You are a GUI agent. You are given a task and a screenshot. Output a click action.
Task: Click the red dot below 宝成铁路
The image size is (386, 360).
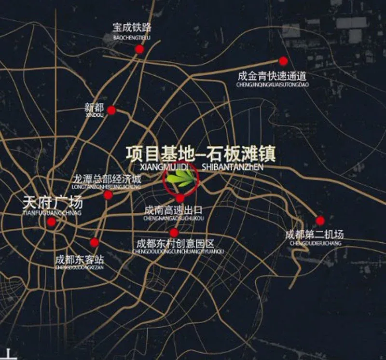click(x=139, y=49)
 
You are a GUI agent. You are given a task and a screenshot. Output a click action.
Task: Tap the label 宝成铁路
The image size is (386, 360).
click(x=132, y=27)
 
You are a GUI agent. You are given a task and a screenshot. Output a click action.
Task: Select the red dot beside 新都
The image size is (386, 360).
click(x=111, y=110)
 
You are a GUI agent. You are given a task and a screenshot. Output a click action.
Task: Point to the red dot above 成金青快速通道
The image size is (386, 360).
click(x=283, y=61)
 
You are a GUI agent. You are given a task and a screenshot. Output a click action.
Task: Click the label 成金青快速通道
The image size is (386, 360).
click(x=272, y=76)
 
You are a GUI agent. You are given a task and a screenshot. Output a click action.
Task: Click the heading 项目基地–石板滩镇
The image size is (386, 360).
click(x=200, y=153)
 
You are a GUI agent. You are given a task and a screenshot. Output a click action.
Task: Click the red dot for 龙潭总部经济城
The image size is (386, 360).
click(x=108, y=194)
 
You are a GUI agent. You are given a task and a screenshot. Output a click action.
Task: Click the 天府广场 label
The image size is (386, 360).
click(x=53, y=202)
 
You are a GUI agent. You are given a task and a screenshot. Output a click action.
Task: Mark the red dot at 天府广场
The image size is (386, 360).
click(x=51, y=222)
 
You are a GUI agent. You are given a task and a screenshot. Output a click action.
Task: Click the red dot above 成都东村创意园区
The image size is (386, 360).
click(x=174, y=233)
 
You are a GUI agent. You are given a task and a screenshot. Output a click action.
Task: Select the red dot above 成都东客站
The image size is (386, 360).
click(x=95, y=242)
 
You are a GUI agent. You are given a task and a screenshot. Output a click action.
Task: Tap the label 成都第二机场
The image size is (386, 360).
click(x=315, y=235)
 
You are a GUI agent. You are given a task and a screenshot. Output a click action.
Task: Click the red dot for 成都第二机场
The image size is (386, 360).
click(x=320, y=220)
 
